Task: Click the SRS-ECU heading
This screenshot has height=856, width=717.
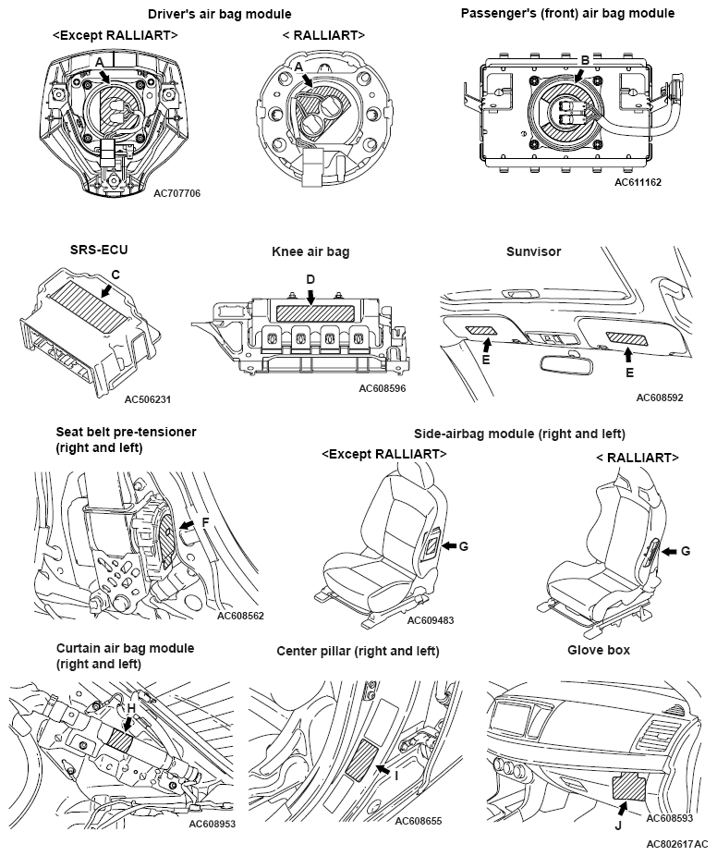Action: click(99, 250)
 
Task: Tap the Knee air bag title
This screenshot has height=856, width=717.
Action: click(310, 251)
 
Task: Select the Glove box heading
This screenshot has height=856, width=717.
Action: click(599, 650)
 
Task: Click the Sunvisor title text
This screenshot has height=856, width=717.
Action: click(534, 251)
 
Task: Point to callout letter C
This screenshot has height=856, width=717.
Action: click(115, 275)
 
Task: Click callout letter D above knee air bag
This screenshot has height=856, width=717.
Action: click(310, 280)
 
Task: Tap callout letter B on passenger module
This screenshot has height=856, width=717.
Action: click(584, 60)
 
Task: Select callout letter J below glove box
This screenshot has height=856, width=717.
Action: click(618, 826)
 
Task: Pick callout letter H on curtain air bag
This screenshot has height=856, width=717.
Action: click(131, 709)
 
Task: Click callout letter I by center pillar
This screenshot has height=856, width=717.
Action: click(396, 776)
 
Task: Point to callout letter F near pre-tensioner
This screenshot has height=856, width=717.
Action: click(205, 523)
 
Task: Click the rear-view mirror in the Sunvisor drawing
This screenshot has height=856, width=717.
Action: click(564, 363)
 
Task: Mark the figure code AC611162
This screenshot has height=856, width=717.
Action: click(638, 182)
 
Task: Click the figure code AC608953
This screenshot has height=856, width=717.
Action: click(213, 824)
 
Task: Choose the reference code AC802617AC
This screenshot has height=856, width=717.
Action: click(677, 845)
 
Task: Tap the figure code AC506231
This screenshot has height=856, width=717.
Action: click(147, 399)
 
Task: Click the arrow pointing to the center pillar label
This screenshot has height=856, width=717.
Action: click(383, 769)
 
